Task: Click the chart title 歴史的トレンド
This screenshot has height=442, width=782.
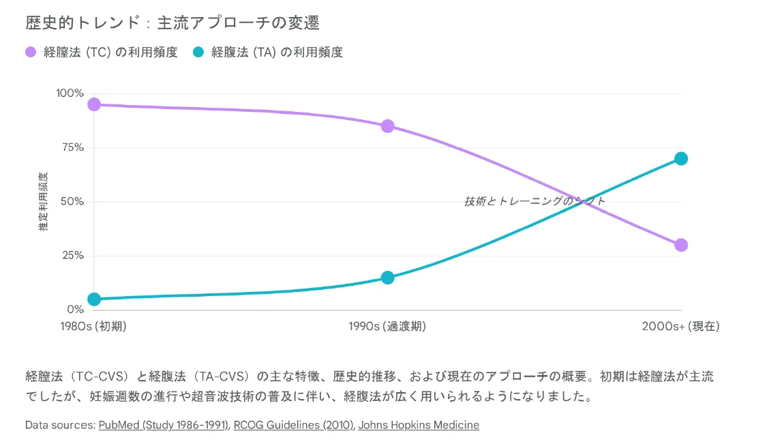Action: pos(172,23)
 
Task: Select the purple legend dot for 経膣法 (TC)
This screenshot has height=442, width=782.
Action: pos(31,52)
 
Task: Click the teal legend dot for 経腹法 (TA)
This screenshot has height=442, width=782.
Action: pos(199,52)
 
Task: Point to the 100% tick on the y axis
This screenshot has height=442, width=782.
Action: pos(70,93)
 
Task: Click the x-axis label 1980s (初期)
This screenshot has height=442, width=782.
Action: pos(94,327)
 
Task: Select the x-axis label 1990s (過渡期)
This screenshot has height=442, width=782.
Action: pos(387,327)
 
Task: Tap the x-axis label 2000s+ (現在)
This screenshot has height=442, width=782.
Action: pos(680,327)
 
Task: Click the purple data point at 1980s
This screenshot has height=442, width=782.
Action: pos(94,104)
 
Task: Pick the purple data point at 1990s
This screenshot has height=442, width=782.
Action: pos(388,126)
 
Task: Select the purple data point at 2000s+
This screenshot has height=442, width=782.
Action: pos(681,245)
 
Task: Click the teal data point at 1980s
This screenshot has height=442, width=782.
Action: pos(94,299)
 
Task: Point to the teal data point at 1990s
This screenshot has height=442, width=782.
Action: pos(388,278)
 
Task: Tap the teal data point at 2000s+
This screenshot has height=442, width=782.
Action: pos(681,158)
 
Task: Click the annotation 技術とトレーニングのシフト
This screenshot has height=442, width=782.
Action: pos(535,201)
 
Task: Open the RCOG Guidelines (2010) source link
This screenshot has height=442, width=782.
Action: pos(294,425)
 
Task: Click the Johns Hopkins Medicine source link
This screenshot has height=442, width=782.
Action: pos(419,425)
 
